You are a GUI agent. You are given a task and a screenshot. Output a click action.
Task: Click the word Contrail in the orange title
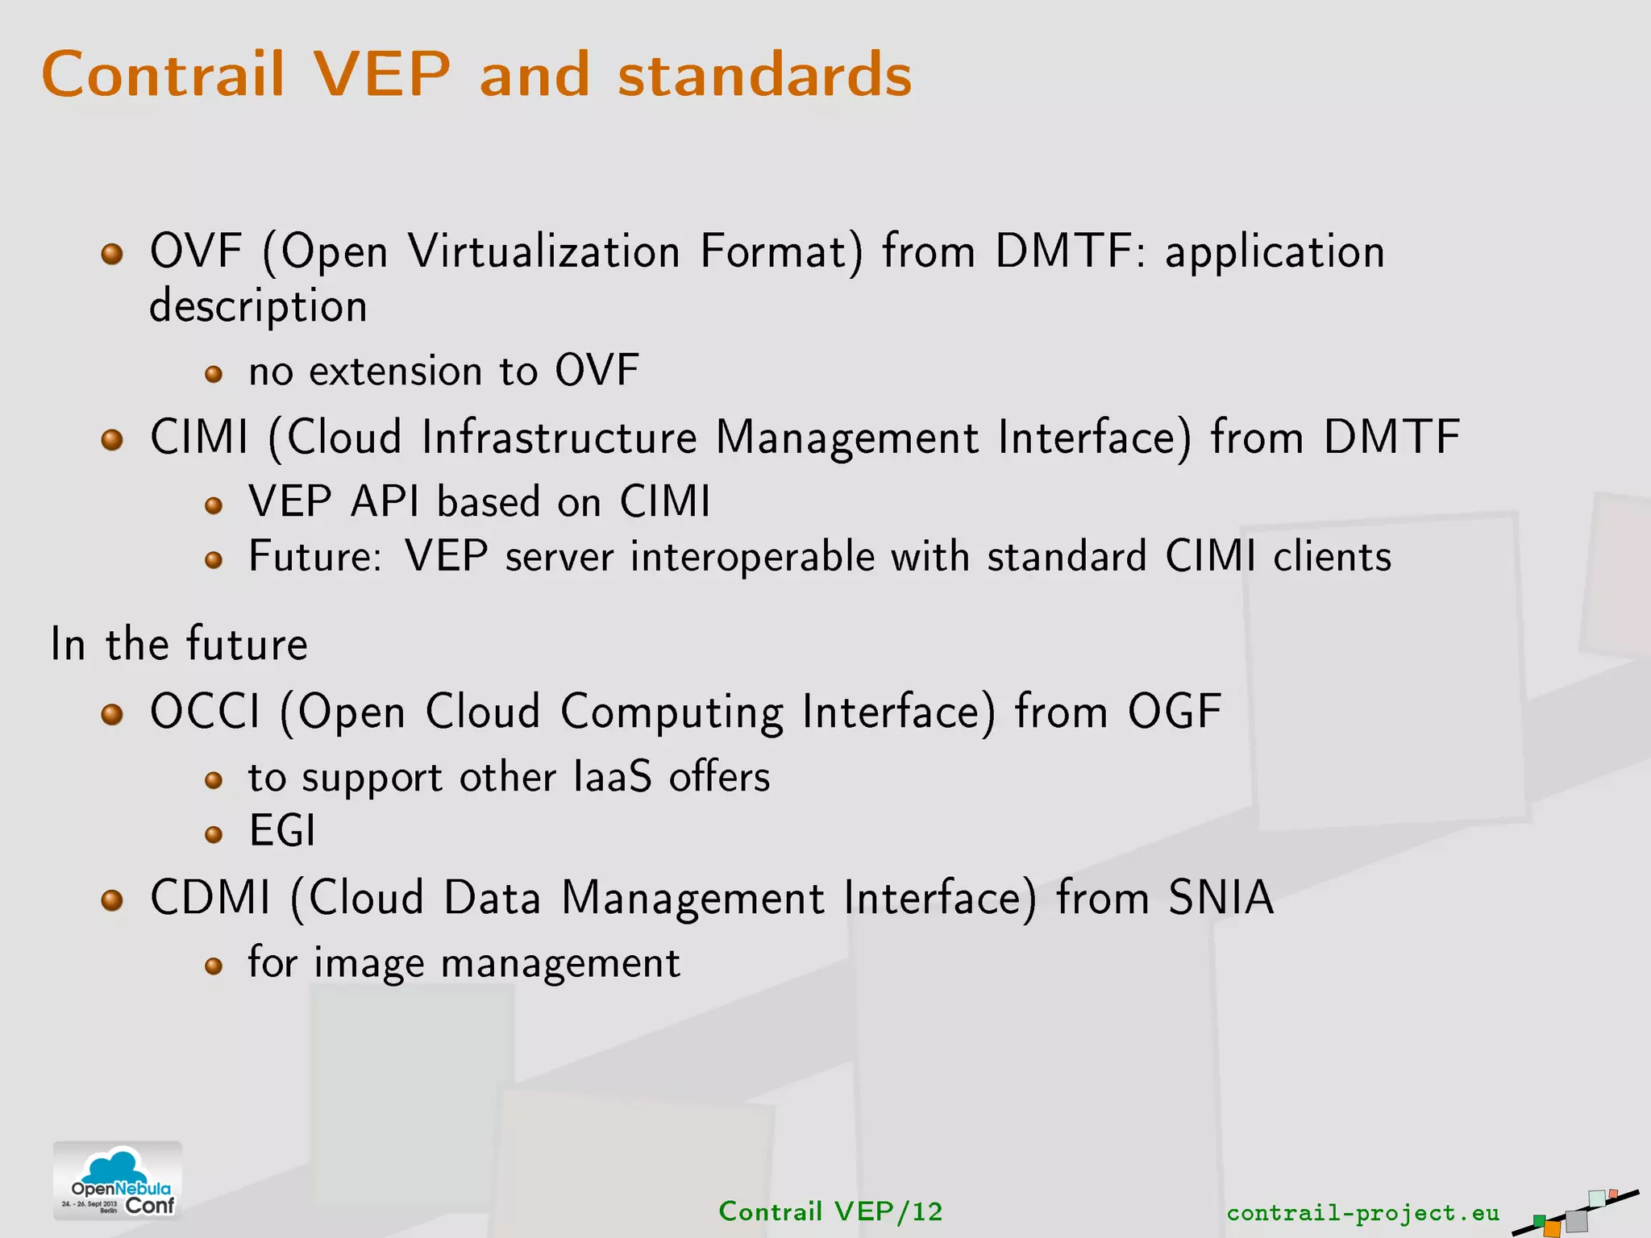click(163, 74)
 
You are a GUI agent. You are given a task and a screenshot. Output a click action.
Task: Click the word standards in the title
click(764, 74)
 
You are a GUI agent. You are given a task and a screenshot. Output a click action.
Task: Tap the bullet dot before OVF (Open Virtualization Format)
click(112, 255)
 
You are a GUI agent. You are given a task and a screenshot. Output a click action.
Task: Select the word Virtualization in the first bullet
click(544, 251)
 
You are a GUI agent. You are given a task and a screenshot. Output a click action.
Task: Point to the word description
click(258, 307)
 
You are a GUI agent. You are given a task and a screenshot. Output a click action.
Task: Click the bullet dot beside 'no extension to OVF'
click(214, 374)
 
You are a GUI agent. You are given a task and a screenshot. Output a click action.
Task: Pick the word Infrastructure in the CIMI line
click(559, 438)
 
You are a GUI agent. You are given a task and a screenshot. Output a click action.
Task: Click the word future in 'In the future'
click(247, 644)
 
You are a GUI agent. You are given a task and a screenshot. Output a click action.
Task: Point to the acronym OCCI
click(206, 712)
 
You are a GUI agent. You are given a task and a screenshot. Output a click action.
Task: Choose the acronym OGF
click(1174, 712)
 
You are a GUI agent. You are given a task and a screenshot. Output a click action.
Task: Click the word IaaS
click(612, 777)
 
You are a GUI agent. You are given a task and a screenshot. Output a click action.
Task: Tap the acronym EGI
click(281, 831)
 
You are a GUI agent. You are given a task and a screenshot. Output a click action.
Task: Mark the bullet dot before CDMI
click(112, 900)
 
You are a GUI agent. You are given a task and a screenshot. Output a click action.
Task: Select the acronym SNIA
click(1221, 897)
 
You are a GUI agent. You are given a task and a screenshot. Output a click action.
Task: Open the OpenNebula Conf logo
click(118, 1181)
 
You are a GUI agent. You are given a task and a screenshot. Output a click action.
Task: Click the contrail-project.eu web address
click(1362, 1212)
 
